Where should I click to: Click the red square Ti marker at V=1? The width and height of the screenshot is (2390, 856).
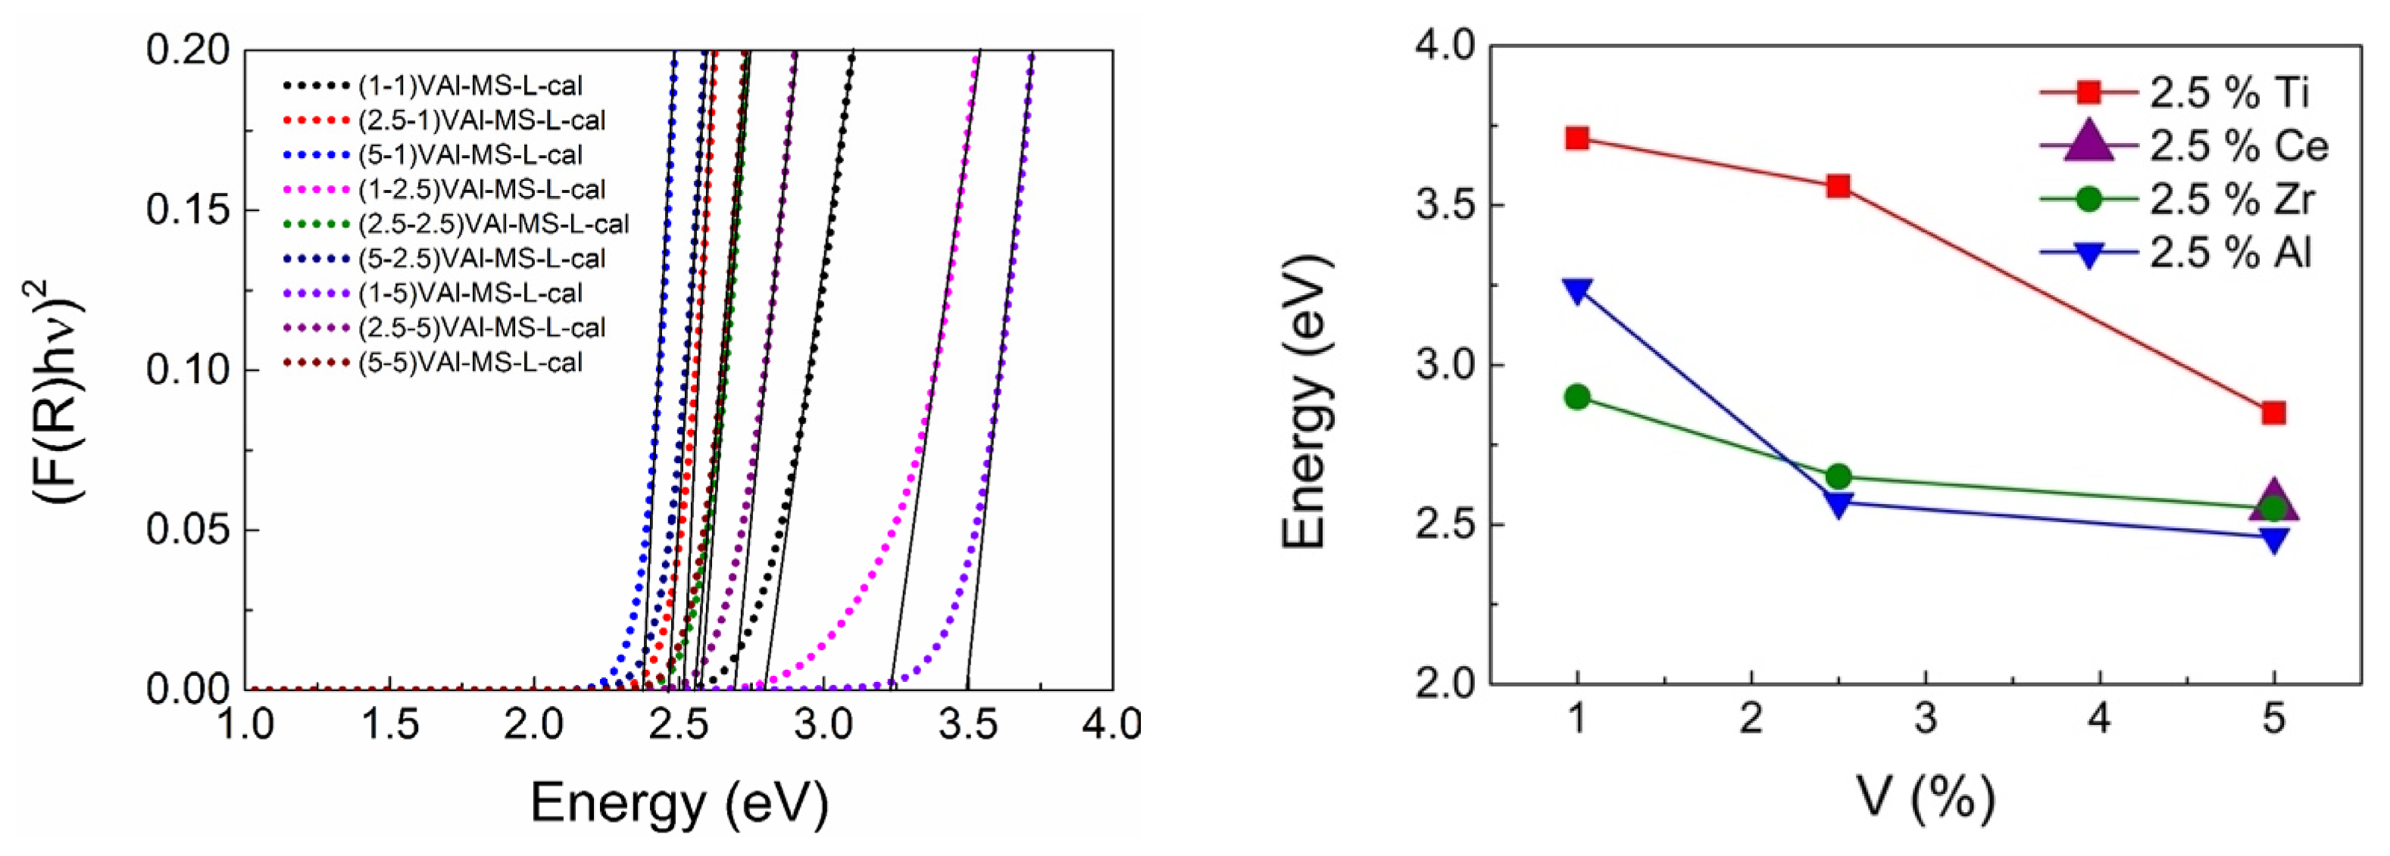(1577, 139)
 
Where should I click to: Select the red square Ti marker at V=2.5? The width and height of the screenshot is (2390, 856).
(1838, 186)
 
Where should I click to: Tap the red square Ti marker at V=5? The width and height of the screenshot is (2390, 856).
(2273, 412)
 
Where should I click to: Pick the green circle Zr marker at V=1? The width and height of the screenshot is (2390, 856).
(1577, 397)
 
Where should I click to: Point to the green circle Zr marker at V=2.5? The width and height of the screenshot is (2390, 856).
(1838, 477)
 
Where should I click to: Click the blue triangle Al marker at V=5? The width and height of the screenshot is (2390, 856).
(2273, 540)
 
